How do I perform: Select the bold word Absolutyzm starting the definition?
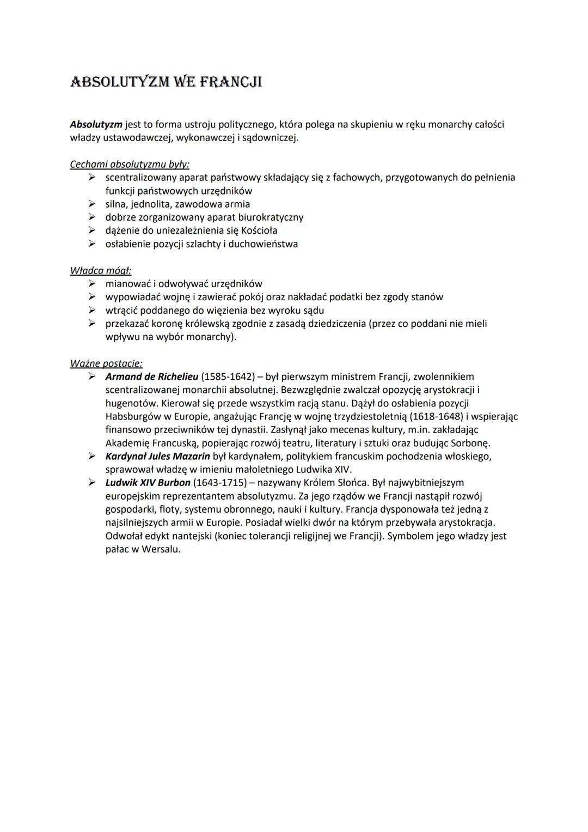pos(96,125)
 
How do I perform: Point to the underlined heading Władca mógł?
pos(101,270)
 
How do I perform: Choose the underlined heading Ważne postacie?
pos(106,363)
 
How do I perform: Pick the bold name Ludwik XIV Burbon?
pos(148,483)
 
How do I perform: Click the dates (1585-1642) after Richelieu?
pos(228,376)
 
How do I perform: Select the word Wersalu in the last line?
pos(161,549)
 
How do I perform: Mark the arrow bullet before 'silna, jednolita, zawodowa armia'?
pos(93,204)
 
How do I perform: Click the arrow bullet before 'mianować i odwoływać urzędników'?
pos(93,284)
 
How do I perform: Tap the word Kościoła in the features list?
pos(259,230)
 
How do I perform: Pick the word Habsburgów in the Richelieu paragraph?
pos(131,417)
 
